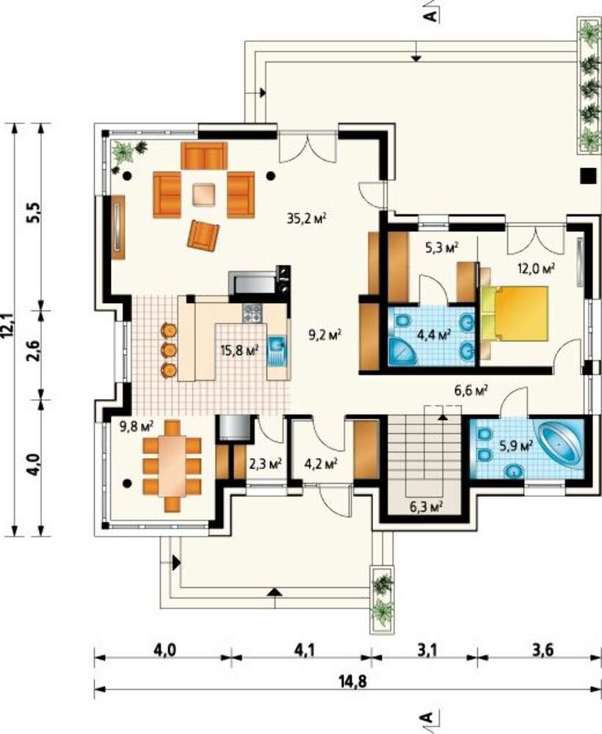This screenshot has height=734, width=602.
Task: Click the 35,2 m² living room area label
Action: click(306, 218)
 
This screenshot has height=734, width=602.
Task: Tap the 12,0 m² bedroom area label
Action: click(535, 268)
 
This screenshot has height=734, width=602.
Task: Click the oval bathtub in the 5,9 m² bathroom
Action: click(560, 443)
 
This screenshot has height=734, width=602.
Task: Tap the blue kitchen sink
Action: click(277, 351)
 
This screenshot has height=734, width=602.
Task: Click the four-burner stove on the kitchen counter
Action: click(253, 313)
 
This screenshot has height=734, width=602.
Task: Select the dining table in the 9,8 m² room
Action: click(172, 466)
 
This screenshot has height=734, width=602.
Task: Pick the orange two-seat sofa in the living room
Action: click(204, 156)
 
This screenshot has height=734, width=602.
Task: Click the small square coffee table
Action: click(204, 195)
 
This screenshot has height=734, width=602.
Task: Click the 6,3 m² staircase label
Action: click(427, 506)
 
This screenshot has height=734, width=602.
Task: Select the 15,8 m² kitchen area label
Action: click(239, 350)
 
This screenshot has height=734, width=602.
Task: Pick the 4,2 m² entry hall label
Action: click(321, 464)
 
